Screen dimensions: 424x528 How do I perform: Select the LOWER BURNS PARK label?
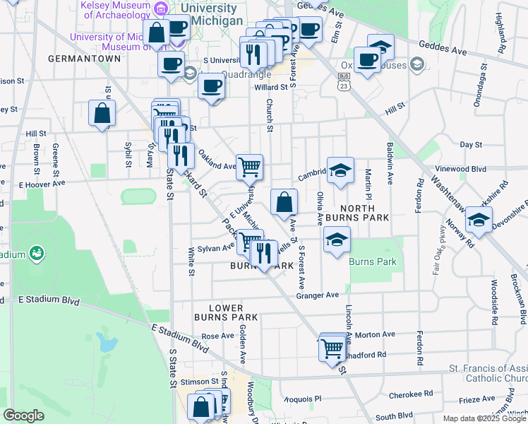click(227, 313)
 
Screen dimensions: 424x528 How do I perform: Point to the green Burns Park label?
click(373, 262)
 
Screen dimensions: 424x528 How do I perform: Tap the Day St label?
click(470, 144)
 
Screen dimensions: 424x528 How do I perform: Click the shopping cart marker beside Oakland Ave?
click(249, 167)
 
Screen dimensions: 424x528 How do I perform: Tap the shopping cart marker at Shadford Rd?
click(331, 348)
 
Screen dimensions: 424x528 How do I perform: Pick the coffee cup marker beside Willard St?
click(211, 88)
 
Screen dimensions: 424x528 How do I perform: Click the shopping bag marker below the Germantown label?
click(102, 113)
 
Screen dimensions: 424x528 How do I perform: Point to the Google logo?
click(23, 416)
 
